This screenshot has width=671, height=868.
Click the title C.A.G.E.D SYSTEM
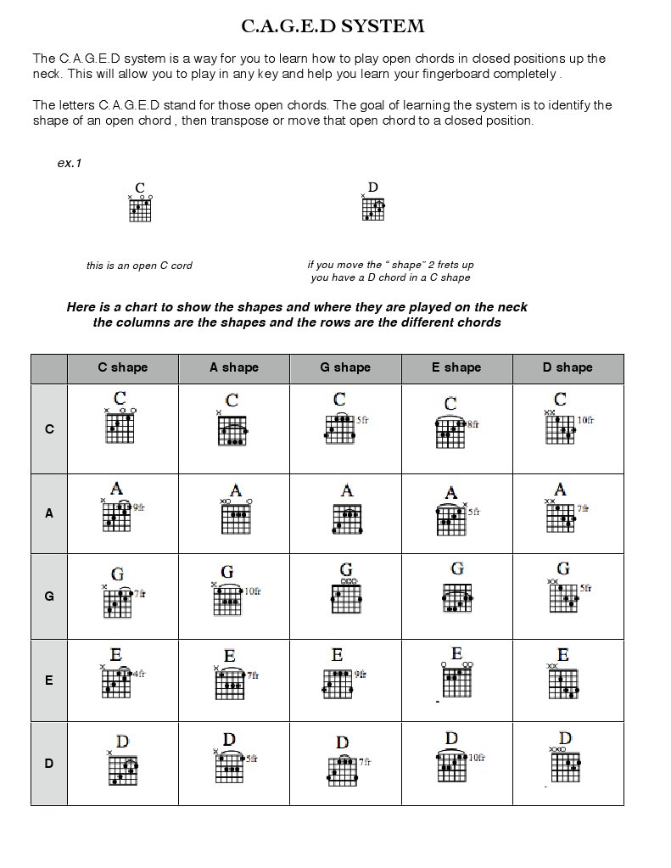coord(333,26)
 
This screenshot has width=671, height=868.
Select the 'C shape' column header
coord(122,367)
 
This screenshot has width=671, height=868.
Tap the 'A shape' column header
coord(234,367)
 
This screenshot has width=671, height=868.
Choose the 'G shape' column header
coord(345,367)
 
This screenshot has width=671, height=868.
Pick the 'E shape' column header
coord(456,367)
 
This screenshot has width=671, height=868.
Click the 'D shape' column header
coord(568,367)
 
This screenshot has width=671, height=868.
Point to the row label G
coord(49,596)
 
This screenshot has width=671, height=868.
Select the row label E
coord(49,680)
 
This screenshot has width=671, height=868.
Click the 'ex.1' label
coord(70,163)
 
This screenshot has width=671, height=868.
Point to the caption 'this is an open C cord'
coord(139,266)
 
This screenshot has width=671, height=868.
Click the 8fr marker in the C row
coord(472,424)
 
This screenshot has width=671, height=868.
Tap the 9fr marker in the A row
coord(138,507)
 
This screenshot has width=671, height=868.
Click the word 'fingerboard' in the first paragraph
coord(472,74)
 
